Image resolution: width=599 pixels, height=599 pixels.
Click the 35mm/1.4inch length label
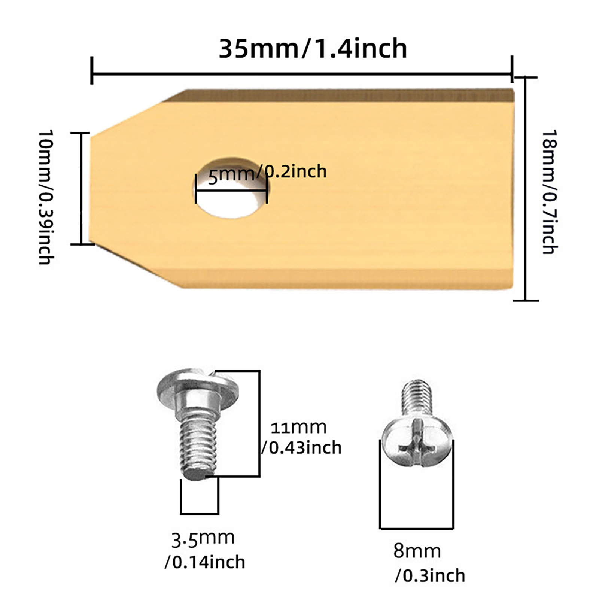point(313,49)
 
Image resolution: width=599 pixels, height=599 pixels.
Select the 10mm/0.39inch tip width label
point(46,197)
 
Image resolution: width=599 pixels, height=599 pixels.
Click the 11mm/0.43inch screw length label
point(301,438)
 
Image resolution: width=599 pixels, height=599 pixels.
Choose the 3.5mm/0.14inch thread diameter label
point(205,550)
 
